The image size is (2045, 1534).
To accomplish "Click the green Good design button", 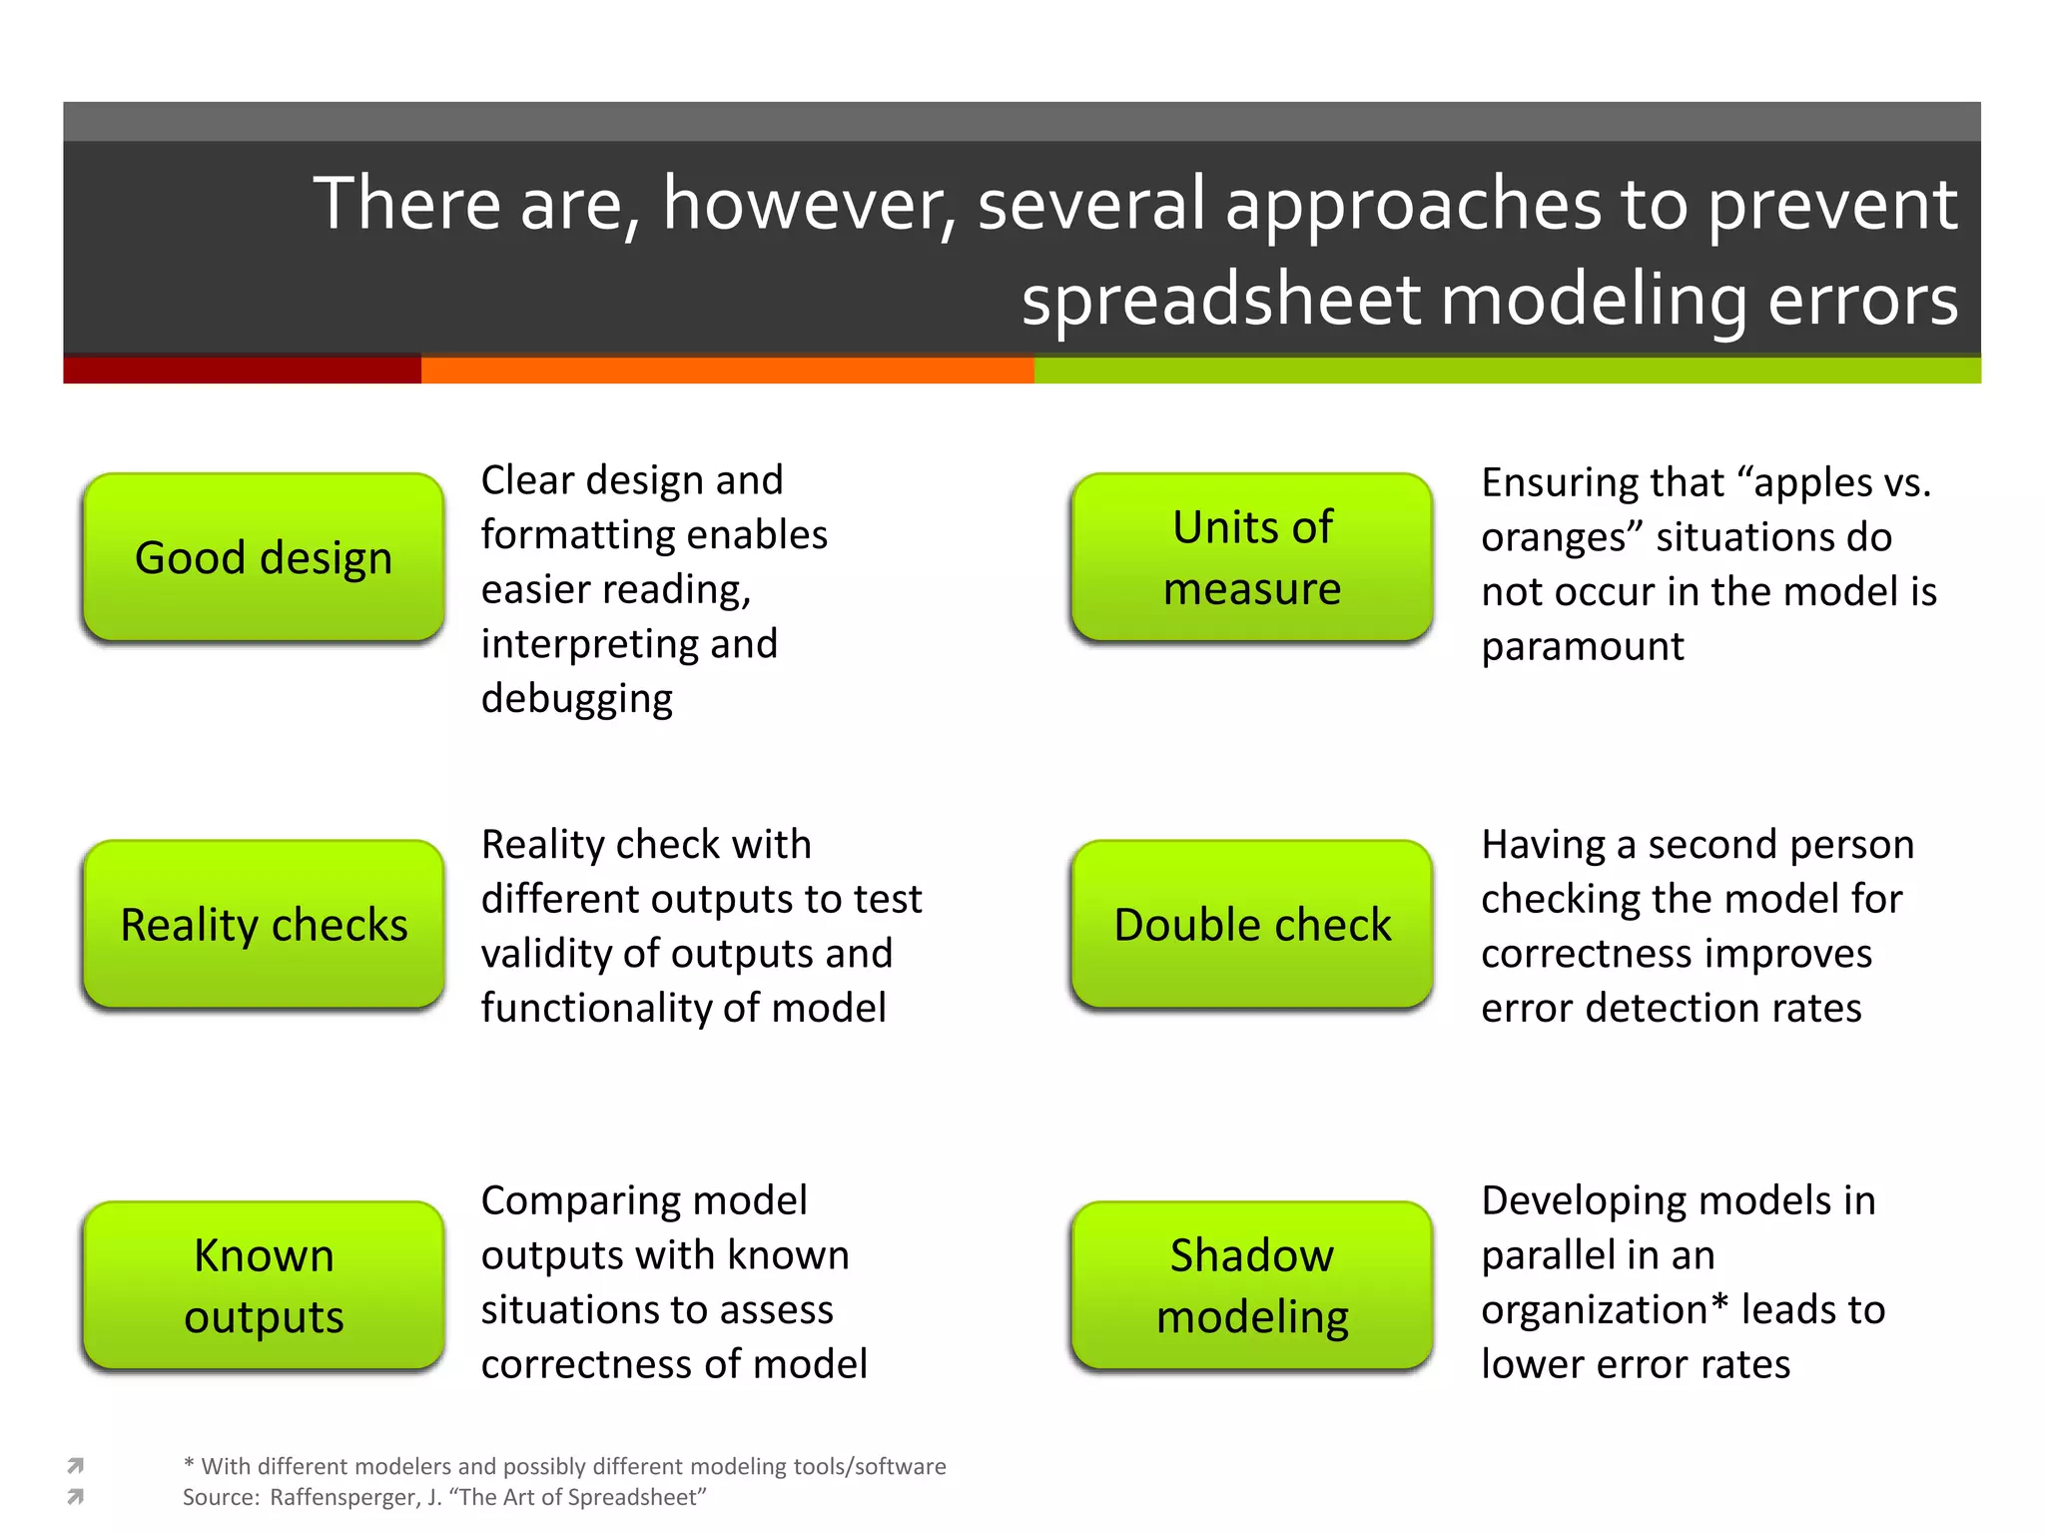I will (x=264, y=557).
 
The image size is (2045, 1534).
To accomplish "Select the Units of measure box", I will (x=1252, y=557).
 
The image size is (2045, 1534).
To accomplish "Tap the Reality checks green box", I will (x=264, y=925).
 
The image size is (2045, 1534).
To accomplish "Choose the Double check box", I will (x=1252, y=925).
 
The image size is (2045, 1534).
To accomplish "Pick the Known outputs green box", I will (x=264, y=1285).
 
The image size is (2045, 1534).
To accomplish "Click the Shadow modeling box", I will (x=1252, y=1285).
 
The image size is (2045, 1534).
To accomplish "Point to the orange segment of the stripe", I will (x=727, y=371).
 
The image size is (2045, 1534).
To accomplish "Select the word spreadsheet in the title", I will (x=1220, y=301).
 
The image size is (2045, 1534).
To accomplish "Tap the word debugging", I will (x=576, y=699).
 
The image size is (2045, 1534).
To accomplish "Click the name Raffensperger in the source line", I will (x=345, y=1497).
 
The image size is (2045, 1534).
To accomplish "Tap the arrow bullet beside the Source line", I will (x=75, y=1496).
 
